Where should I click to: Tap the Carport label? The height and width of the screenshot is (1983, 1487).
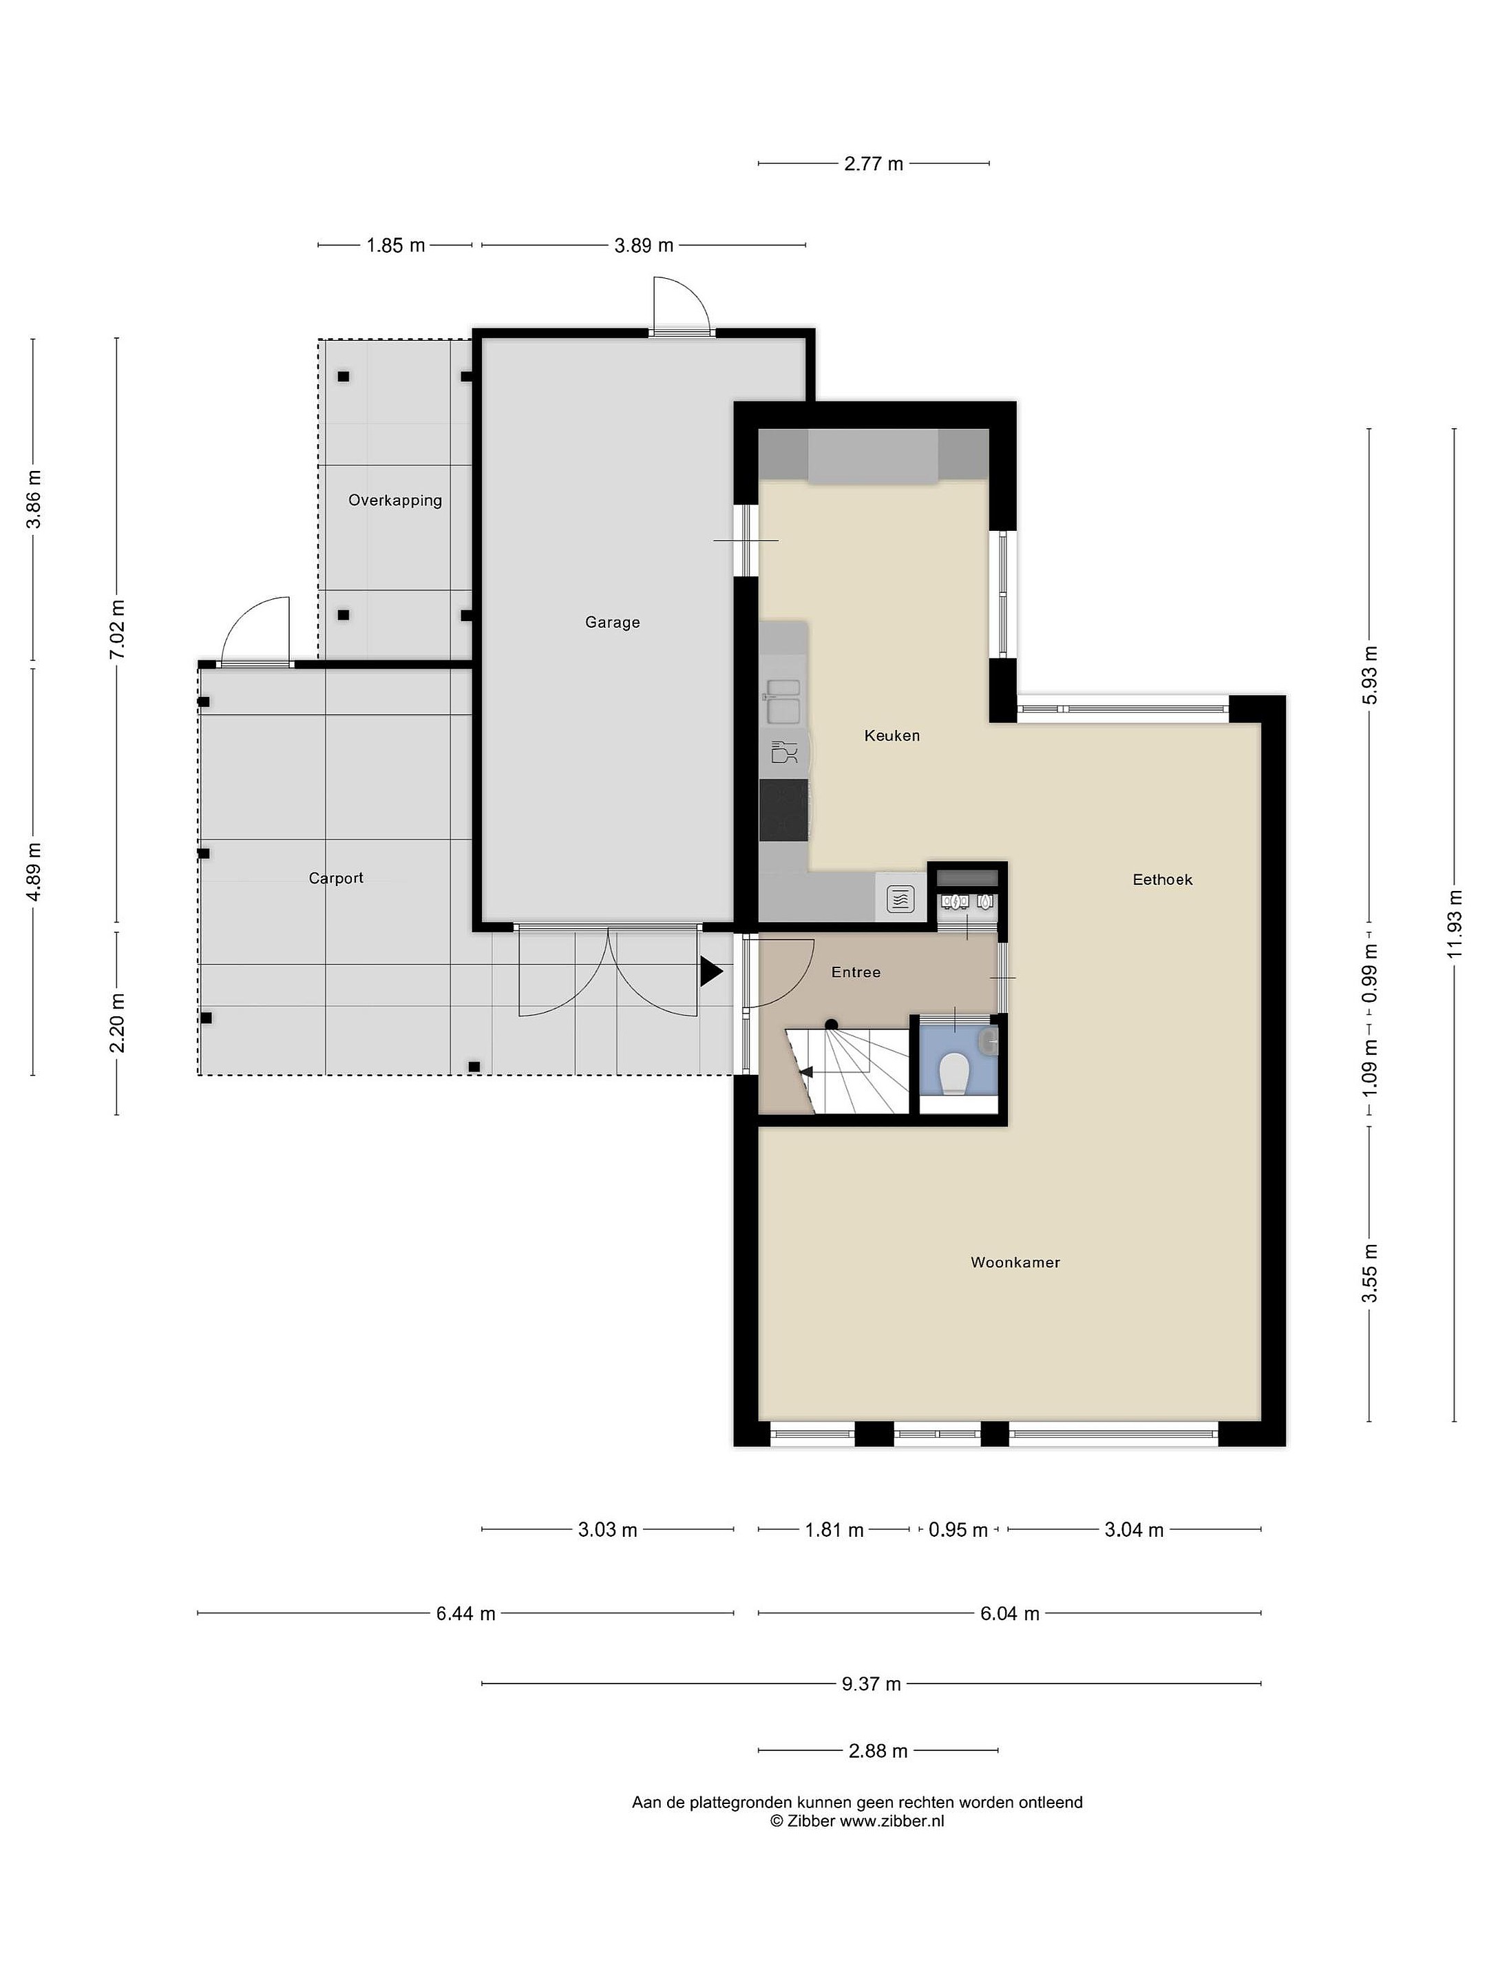pyautogui.click(x=336, y=879)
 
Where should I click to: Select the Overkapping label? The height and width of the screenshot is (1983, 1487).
pyautogui.click(x=395, y=501)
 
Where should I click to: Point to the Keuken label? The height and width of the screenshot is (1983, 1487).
pyautogui.click(x=892, y=736)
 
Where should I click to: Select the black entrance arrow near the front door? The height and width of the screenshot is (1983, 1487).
pyautogui.click(x=710, y=972)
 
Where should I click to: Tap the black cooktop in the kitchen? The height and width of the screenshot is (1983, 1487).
pyautogui.click(x=783, y=810)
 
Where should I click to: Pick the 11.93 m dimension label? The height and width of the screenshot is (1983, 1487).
pyautogui.click(x=1454, y=923)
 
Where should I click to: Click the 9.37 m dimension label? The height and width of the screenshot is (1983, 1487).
pyautogui.click(x=872, y=1683)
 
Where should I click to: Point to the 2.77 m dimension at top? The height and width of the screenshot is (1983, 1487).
pyautogui.click(x=874, y=164)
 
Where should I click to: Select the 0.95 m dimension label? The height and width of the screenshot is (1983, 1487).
pyautogui.click(x=958, y=1530)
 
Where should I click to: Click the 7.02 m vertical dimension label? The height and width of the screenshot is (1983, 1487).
pyautogui.click(x=116, y=629)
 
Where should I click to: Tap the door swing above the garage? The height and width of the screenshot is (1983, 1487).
pyautogui.click(x=682, y=305)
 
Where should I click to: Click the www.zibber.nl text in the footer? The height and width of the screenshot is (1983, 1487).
pyautogui.click(x=892, y=1821)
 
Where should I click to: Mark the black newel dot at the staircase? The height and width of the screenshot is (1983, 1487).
pyautogui.click(x=831, y=1025)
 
